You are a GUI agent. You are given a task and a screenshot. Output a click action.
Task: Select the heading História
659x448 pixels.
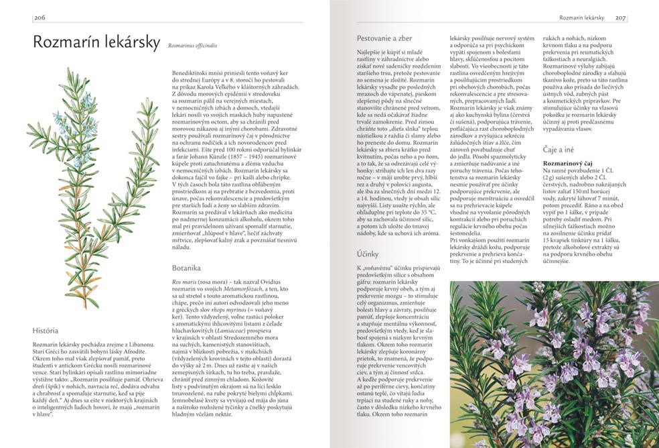click(x=46, y=331)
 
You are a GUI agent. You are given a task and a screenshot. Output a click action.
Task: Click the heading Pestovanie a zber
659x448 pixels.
click(x=383, y=39)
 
